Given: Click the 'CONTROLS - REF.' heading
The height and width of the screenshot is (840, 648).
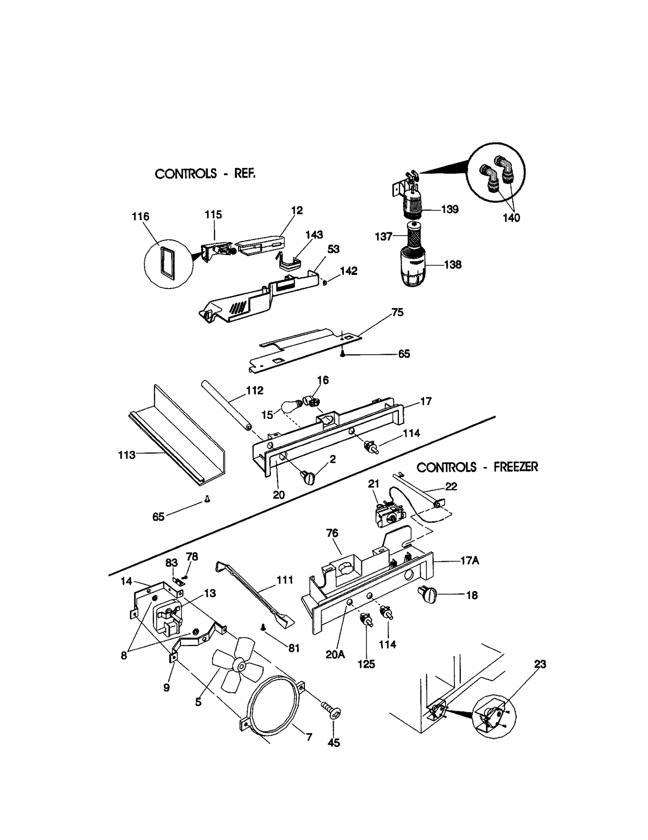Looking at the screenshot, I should tap(205, 174).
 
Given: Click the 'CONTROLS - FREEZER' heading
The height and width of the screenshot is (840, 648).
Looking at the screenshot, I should tap(477, 467).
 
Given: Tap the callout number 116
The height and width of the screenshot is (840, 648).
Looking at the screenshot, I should tap(141, 217).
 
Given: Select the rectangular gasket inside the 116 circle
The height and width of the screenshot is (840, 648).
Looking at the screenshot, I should tap(166, 262).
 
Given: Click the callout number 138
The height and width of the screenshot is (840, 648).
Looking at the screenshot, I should tap(452, 265).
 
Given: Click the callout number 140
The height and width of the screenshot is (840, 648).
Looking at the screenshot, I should tap(511, 218).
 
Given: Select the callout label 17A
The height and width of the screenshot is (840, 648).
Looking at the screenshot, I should tap(469, 561).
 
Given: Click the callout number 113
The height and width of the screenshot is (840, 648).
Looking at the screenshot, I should tap(126, 455).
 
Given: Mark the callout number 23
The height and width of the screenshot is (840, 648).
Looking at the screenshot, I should tap(540, 664).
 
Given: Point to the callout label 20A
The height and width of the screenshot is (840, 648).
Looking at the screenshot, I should tap(335, 654).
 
